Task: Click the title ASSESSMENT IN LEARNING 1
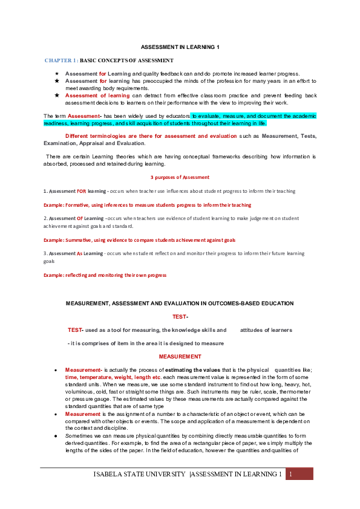(x=180, y=47)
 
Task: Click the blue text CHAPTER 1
(x=61, y=60)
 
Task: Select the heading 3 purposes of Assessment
(x=180, y=177)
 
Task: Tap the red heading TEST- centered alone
(x=180, y=317)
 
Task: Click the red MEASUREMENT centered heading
(x=180, y=357)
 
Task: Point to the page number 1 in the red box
(x=290, y=474)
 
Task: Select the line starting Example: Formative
(x=147, y=205)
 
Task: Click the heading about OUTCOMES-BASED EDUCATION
(x=180, y=303)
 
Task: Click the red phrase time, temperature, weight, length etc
(x=113, y=377)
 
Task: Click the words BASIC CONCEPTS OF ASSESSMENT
(x=126, y=60)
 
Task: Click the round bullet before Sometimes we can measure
(x=56, y=435)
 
